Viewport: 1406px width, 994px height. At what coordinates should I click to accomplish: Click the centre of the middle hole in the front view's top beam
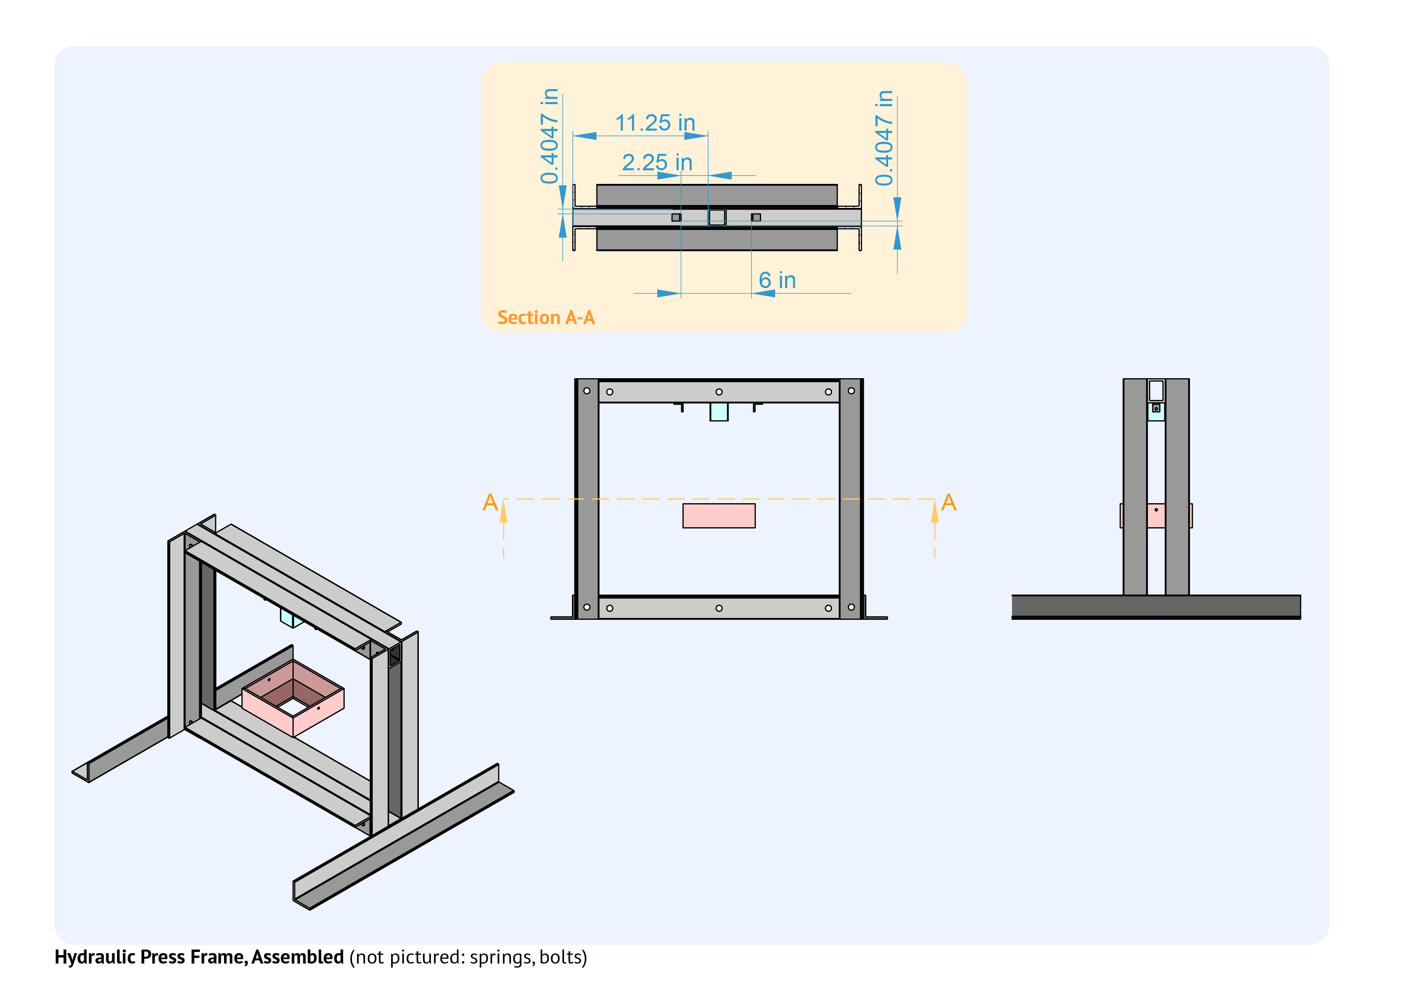pos(719,392)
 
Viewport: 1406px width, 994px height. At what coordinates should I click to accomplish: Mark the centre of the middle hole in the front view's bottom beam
pos(719,609)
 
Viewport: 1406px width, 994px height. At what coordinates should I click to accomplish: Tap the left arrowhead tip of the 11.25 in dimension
pos(573,136)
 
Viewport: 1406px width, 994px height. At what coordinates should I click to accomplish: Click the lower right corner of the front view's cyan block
pos(728,421)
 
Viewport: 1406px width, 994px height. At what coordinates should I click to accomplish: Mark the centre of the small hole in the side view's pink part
pos(1156,510)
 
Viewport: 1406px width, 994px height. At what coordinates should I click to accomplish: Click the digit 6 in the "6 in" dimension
pos(765,280)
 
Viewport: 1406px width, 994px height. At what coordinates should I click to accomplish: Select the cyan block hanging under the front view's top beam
pos(719,412)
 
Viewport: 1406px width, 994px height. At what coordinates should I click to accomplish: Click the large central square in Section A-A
pos(717,217)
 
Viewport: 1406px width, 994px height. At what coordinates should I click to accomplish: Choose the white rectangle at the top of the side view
pos(1156,391)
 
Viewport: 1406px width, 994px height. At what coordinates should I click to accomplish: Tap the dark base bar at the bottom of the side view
pos(1156,607)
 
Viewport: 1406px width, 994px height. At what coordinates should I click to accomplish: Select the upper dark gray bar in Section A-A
pos(717,195)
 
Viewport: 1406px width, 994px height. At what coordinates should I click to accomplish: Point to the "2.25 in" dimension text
pos(657,163)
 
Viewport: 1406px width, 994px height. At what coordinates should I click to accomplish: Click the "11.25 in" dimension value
pos(655,123)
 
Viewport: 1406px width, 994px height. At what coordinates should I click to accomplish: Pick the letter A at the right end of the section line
pos(949,502)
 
